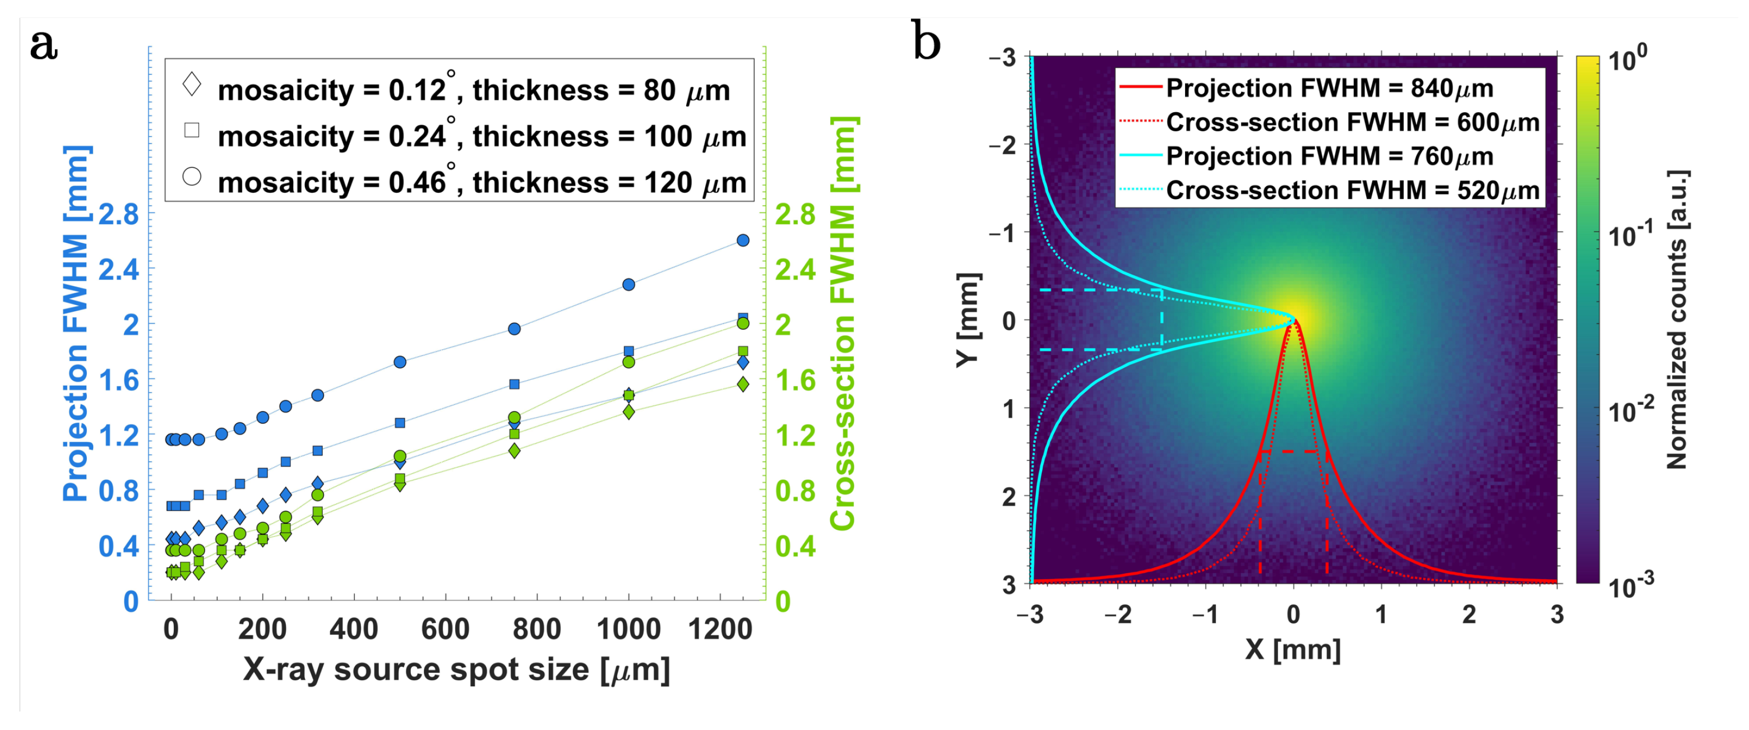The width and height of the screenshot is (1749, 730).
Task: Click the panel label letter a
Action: pyautogui.click(x=44, y=45)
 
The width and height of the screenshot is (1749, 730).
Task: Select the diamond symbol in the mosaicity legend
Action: pyautogui.click(x=192, y=84)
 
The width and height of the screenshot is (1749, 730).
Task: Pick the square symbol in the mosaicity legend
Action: pyautogui.click(x=192, y=130)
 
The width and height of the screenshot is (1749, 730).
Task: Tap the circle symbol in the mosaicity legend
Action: pyautogui.click(x=192, y=176)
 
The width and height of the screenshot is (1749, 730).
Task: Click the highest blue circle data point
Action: pyautogui.click(x=743, y=241)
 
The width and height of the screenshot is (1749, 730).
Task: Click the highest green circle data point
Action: pyautogui.click(x=743, y=324)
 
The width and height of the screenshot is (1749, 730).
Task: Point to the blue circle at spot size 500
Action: pyautogui.click(x=400, y=362)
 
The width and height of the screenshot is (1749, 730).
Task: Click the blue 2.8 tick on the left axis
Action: pyautogui.click(x=119, y=215)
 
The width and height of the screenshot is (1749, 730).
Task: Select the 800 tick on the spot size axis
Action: pyautogui.click(x=536, y=630)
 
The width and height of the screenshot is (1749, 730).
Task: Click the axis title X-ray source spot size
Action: pyautogui.click(x=456, y=670)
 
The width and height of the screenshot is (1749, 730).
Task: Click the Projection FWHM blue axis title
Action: pyautogui.click(x=76, y=324)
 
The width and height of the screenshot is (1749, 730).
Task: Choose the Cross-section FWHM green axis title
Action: pyautogui.click(x=843, y=324)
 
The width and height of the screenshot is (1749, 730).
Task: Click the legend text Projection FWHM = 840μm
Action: pyautogui.click(x=1329, y=88)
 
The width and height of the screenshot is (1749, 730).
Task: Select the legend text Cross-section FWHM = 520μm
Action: pyautogui.click(x=1353, y=191)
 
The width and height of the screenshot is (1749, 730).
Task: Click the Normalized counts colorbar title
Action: pyautogui.click(x=1678, y=319)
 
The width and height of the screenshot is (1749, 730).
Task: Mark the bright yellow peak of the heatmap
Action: pyautogui.click(x=1293, y=320)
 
